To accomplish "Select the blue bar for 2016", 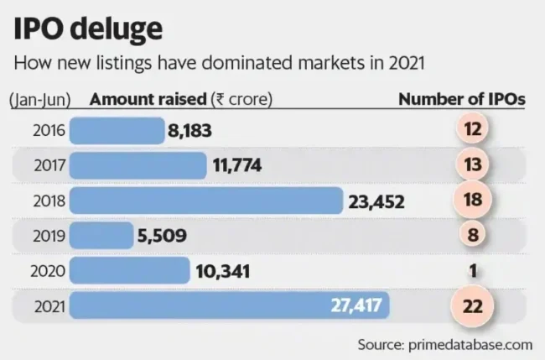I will [x=117, y=130].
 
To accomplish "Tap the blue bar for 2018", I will [x=206, y=201].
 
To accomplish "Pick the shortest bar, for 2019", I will [x=101, y=236].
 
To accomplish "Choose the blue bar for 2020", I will [x=130, y=271].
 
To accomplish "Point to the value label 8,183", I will [x=190, y=131].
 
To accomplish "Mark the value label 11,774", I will [x=236, y=166].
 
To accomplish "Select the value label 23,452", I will [x=376, y=201].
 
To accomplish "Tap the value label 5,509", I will [x=163, y=237].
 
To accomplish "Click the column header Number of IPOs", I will [x=461, y=99].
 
